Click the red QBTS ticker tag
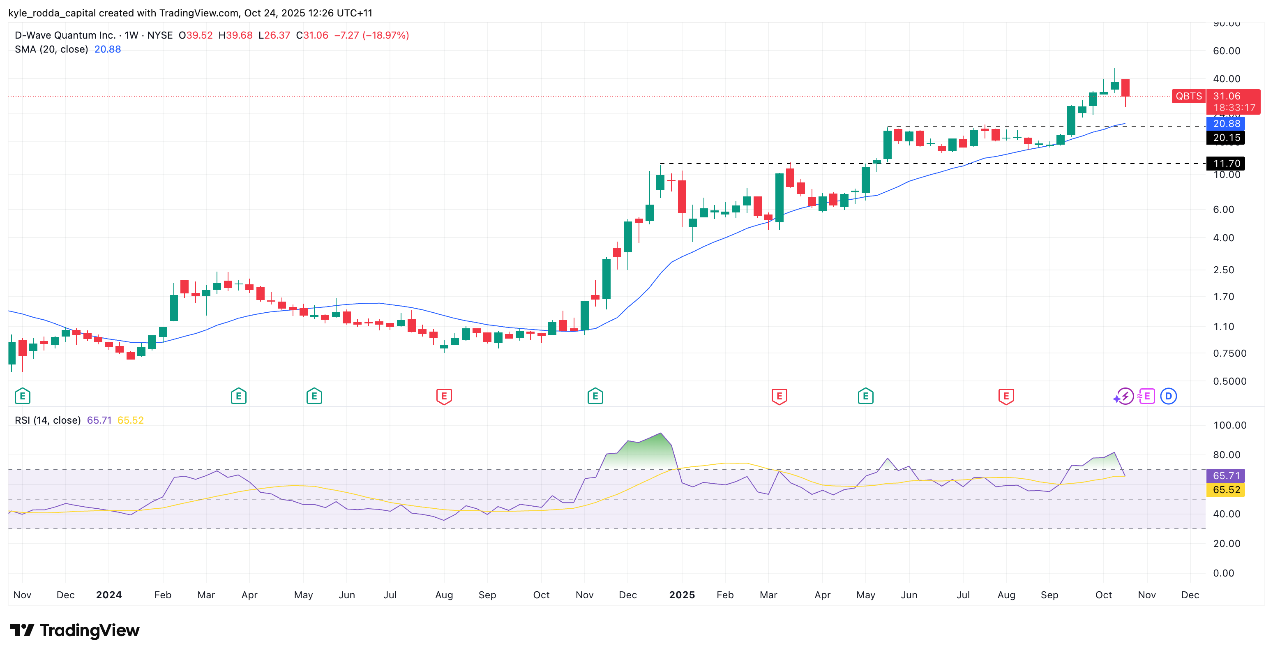[x=1188, y=96]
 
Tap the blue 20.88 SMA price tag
[x=1226, y=124]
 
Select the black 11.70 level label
[x=1226, y=163]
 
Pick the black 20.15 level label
[x=1226, y=137]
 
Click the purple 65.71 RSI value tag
[x=1226, y=475]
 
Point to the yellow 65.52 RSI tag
[x=1226, y=490]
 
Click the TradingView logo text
[x=90, y=630]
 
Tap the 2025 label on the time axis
[x=681, y=595]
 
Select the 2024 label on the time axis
[x=109, y=595]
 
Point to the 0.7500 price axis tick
[x=1229, y=353]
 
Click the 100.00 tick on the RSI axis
[x=1229, y=425]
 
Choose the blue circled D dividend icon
[x=1168, y=396]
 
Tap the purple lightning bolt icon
[x=1125, y=396]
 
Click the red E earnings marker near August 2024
[x=444, y=396]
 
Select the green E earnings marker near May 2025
[x=865, y=396]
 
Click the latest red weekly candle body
[x=1125, y=88]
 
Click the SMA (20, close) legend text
[x=51, y=49]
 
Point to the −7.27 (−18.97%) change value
[x=371, y=35]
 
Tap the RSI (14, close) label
[x=47, y=420]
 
